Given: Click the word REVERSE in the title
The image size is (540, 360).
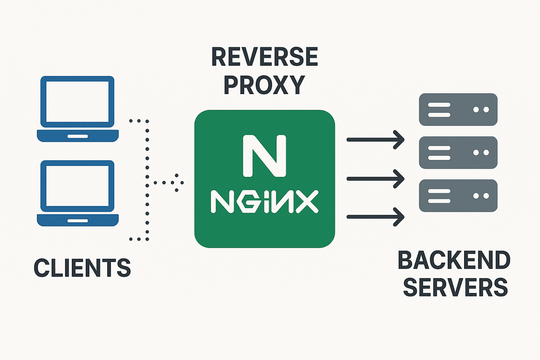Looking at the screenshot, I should (x=265, y=57).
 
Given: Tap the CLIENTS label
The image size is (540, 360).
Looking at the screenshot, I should (x=82, y=267).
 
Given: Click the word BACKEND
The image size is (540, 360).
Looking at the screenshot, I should (x=454, y=260).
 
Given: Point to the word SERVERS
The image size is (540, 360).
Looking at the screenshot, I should (x=455, y=287).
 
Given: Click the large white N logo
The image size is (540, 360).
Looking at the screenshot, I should (x=265, y=155).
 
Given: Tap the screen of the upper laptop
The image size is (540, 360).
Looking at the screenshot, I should (x=77, y=102).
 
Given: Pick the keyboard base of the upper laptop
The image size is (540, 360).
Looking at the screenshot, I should (x=78, y=136).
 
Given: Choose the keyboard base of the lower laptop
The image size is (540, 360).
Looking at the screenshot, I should (x=78, y=220).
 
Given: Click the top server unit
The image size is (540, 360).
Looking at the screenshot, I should (x=458, y=109).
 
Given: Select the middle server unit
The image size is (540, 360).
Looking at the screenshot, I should (x=458, y=152).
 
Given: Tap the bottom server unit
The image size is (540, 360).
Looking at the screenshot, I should (x=458, y=195).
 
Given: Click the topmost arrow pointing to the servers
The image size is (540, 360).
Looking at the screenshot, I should (x=375, y=139).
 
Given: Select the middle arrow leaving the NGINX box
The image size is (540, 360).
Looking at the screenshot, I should (x=375, y=179).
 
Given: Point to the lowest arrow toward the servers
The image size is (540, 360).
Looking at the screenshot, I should (x=375, y=217).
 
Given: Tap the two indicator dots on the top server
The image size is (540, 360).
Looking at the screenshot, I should (x=481, y=109).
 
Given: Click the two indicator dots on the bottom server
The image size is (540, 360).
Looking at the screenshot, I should (x=481, y=195).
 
